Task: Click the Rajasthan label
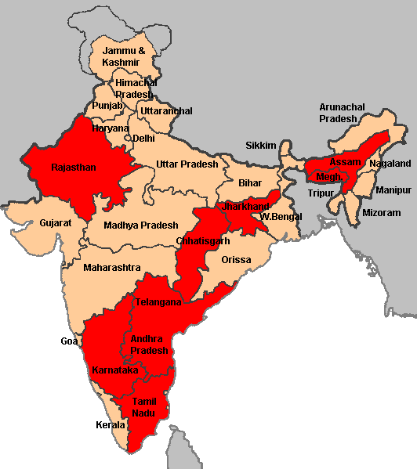[x=73, y=168]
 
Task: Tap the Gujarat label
[x=56, y=223]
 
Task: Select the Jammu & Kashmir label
[x=124, y=56]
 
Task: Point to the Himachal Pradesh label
[x=136, y=88]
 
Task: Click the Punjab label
[x=107, y=105]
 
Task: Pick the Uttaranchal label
[x=166, y=111]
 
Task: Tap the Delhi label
[x=143, y=138]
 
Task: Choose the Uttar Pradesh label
[x=187, y=164]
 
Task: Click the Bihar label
[x=250, y=182]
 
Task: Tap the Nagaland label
[x=390, y=164]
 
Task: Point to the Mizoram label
[x=381, y=213]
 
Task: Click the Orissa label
[x=236, y=259]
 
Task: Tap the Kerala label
[x=110, y=425]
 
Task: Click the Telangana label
[x=158, y=302]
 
